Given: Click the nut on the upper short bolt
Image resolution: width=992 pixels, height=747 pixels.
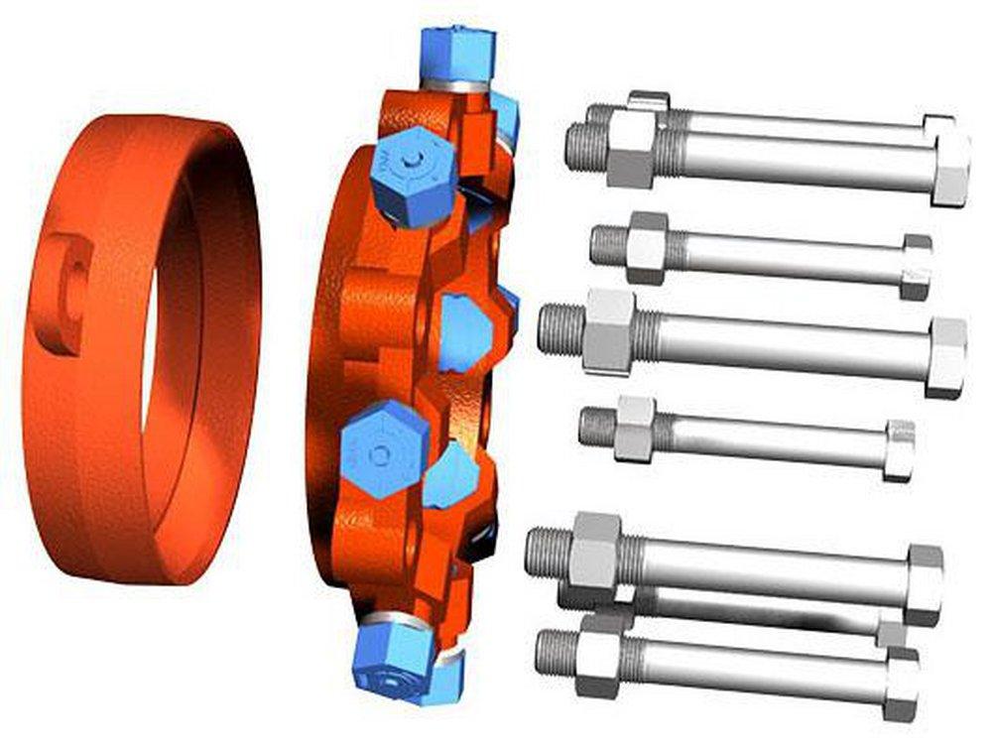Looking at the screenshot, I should point(647,247).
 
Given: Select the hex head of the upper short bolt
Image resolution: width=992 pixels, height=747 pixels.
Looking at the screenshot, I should point(916,267).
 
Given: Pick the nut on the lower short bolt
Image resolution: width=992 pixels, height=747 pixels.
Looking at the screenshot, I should point(635,429).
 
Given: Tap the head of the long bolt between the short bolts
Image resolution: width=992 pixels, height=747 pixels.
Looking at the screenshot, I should point(946,357).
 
